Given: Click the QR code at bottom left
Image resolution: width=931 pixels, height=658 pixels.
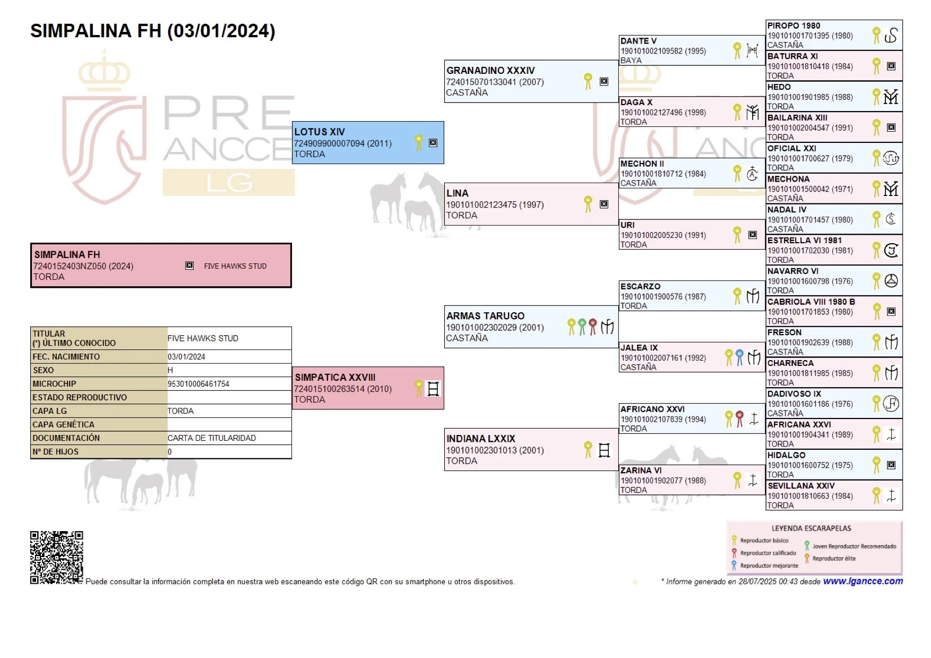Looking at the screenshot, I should pos(56,557).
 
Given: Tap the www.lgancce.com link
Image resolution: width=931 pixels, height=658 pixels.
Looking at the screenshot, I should pos(863,581).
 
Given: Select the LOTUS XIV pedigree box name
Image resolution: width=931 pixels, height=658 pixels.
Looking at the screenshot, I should pos(320,132).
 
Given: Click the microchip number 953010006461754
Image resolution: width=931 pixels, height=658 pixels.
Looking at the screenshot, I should pos(199,384).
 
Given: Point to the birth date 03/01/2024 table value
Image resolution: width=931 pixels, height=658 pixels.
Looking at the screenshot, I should pos(186,357).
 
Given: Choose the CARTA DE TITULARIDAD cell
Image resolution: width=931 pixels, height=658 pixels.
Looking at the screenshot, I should pos(212,438).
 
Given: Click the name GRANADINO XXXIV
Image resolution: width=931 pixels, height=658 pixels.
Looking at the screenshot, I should pos(490,70).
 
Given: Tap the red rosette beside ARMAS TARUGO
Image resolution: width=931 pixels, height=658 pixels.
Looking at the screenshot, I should pos(592,326).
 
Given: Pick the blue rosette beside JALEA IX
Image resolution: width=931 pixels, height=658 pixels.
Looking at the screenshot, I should pos(739,357).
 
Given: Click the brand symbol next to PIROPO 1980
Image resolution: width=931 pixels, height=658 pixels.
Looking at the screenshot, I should pos(891,36).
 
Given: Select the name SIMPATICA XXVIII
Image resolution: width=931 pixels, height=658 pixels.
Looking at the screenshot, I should pos(335,377).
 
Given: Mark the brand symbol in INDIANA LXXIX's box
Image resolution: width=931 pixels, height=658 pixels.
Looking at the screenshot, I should pos(604,450).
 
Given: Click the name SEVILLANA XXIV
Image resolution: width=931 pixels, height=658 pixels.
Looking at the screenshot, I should pos(801,485).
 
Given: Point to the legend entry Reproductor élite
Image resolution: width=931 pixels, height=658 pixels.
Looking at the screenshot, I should pos(833,559).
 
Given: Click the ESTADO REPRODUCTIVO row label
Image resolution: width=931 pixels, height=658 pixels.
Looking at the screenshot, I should pos(80,397).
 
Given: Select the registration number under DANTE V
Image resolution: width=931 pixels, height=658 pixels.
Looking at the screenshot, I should pos(663,51).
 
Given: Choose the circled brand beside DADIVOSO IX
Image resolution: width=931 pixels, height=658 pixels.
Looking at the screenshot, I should pos(891,404).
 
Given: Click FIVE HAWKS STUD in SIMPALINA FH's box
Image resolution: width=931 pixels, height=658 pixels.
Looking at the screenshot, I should pos(235,266).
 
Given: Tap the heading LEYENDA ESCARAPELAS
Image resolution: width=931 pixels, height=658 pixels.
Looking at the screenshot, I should pos(811,528).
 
